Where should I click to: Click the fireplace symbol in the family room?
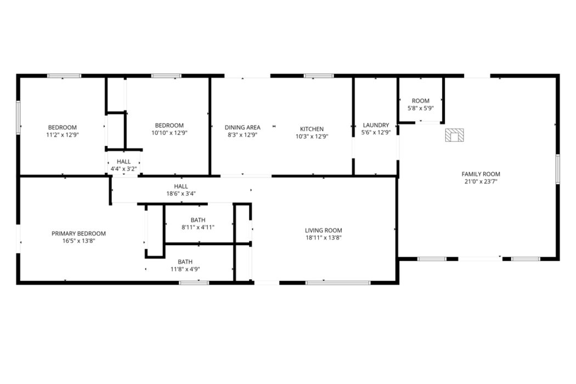coord(454,135)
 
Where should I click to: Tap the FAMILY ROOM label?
coord(481,174)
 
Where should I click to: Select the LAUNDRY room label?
coord(376,125)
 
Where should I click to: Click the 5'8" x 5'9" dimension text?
coord(421,109)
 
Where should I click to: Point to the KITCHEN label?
coord(312,129)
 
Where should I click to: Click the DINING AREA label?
coord(242,127)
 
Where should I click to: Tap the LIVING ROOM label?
coord(324,230)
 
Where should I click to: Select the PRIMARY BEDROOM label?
coord(78,233)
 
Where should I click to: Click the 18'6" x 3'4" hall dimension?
coord(181,194)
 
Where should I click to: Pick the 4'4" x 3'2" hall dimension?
coord(124,169)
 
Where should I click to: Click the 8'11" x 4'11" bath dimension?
coord(198,228)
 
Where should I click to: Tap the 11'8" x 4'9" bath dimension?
coord(185,269)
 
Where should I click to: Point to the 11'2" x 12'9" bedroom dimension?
coord(63,135)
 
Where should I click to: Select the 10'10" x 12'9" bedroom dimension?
coord(170,133)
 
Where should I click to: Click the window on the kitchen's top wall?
coord(319,76)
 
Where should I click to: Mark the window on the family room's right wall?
coord(558,169)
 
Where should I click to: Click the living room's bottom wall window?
coord(338,283)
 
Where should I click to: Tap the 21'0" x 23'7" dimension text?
coord(481,182)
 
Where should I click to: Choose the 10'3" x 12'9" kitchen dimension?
coord(312,137)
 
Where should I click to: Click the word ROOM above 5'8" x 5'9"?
coord(421,101)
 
